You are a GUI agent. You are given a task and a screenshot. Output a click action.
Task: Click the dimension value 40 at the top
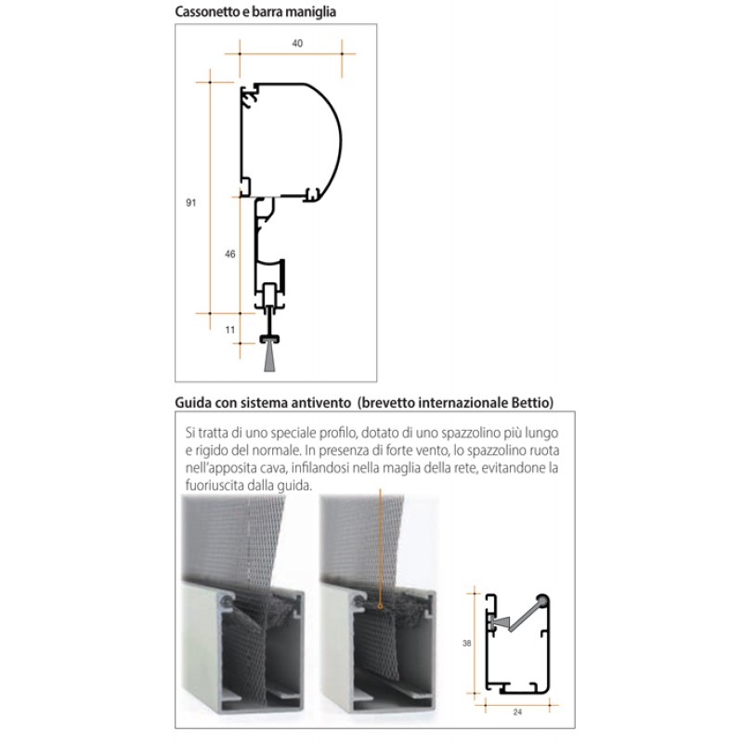point(297,44)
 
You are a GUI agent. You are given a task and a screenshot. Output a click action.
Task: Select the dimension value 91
point(191,201)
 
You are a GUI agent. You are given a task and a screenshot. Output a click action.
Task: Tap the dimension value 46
point(230,254)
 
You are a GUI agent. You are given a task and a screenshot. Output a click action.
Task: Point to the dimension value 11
point(230,329)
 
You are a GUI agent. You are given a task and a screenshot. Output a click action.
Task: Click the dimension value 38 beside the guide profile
point(466,642)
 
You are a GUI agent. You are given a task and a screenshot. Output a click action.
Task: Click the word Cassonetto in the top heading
point(209,13)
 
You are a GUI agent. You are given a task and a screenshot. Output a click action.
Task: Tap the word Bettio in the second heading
point(530,402)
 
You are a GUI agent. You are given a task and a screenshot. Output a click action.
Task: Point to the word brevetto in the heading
point(394,402)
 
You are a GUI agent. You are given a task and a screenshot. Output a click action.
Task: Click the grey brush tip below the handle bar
point(269,357)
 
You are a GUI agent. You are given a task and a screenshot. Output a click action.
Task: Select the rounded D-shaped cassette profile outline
point(330,139)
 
